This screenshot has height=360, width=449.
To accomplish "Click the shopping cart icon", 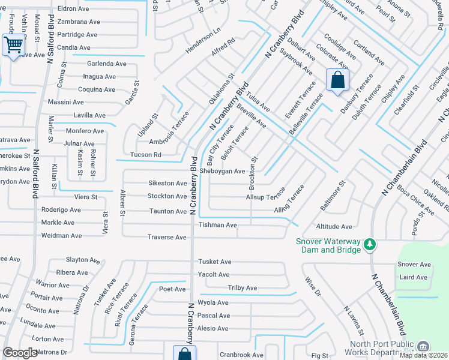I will coord(13,45).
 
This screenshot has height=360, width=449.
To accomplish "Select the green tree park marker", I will coord(371,244).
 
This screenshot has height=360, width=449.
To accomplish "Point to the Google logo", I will coord(20,353).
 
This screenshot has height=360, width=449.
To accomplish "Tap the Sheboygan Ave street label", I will coord(222,171).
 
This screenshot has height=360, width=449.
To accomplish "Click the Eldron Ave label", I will coord(73,9).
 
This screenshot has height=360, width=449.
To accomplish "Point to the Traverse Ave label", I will coord(167,237).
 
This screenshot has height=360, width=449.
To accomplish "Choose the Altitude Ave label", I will coord(334,227).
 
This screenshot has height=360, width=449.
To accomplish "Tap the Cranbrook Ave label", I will coord(241,355).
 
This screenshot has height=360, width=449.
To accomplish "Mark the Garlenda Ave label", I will coord(107,64).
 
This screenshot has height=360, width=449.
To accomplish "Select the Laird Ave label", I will coord(413,277).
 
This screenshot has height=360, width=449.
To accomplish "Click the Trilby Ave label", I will coord(243,288).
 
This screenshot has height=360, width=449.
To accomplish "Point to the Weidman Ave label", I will coord(62,236).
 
